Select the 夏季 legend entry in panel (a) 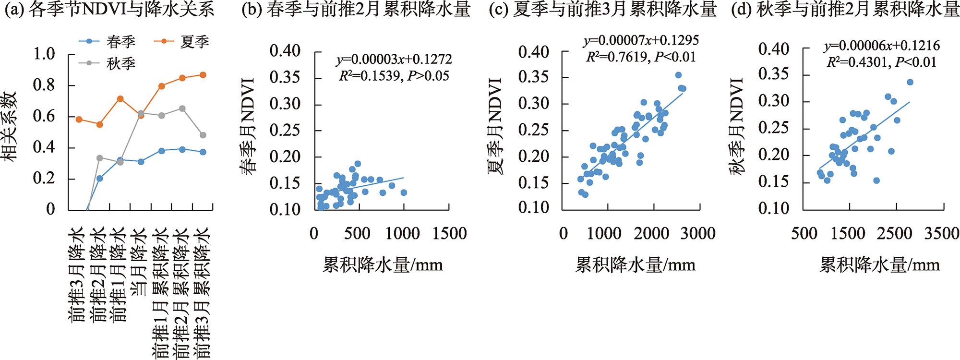pos(194,42)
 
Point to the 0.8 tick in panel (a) pos(45,85)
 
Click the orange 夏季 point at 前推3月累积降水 pos(203,75)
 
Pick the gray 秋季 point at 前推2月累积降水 pos(182,108)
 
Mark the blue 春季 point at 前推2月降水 pos(100,178)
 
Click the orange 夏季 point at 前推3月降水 pos(79,119)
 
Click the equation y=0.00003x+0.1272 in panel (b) pos(394,60)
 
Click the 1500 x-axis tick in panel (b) pos(447,234)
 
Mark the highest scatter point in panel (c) pos(678,75)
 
